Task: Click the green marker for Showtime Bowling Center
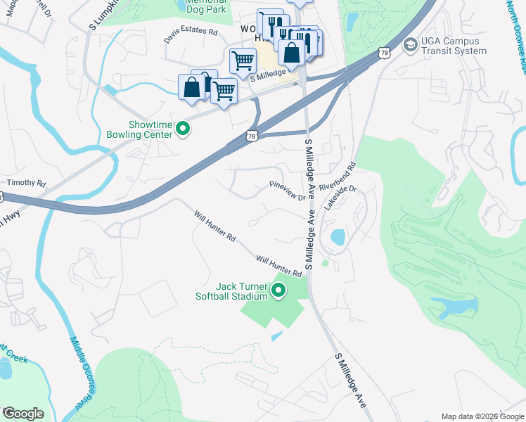[183, 128]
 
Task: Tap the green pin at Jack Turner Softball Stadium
[279, 290]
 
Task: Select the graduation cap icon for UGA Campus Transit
[409, 45]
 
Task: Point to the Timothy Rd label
[26, 183]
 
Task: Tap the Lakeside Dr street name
[341, 199]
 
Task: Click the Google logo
[23, 414]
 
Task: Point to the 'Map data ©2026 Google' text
[482, 416]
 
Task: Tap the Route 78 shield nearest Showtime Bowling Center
[252, 136]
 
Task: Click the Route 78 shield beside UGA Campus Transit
[383, 53]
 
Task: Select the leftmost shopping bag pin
[191, 87]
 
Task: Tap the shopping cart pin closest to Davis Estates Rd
[243, 60]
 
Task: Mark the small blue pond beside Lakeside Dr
[338, 237]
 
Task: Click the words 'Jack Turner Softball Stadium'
[232, 290]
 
